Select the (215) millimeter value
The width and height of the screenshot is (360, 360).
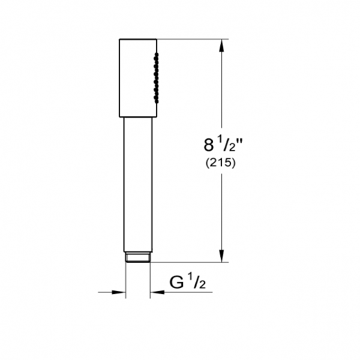(x=220, y=163)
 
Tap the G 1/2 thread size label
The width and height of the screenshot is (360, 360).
(x=187, y=282)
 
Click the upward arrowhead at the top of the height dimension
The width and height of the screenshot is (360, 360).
(x=221, y=46)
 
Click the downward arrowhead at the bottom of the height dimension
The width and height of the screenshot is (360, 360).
(x=221, y=256)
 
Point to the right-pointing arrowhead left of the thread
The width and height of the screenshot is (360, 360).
(x=118, y=292)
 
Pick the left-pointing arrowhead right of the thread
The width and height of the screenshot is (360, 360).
(x=157, y=292)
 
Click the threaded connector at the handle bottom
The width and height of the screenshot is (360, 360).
(x=138, y=257)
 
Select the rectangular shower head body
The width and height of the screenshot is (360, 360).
(x=138, y=78)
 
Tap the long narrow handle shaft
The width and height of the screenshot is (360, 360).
(x=138, y=185)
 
